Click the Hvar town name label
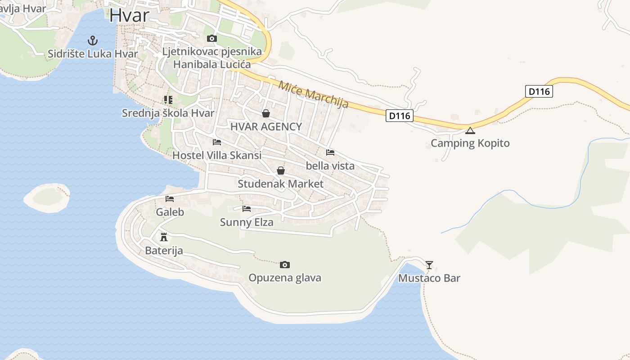[129, 15]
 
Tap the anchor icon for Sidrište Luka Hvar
[93, 40]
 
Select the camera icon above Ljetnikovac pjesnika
[211, 39]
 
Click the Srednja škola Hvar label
[168, 113]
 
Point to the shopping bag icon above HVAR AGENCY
[266, 113]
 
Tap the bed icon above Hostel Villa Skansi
[217, 143]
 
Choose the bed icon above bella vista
[330, 153]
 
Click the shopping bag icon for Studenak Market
[281, 171]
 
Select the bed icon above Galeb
[170, 199]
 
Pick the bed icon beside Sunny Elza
[247, 209]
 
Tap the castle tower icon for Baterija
[164, 237]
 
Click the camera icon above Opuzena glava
[284, 265]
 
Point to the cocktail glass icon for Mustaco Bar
[429, 265]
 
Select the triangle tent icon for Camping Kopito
[470, 131]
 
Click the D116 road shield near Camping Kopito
[399, 116]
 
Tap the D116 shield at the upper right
[539, 92]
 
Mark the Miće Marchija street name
[313, 94]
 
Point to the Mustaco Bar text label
[429, 278]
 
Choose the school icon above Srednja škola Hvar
[168, 100]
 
